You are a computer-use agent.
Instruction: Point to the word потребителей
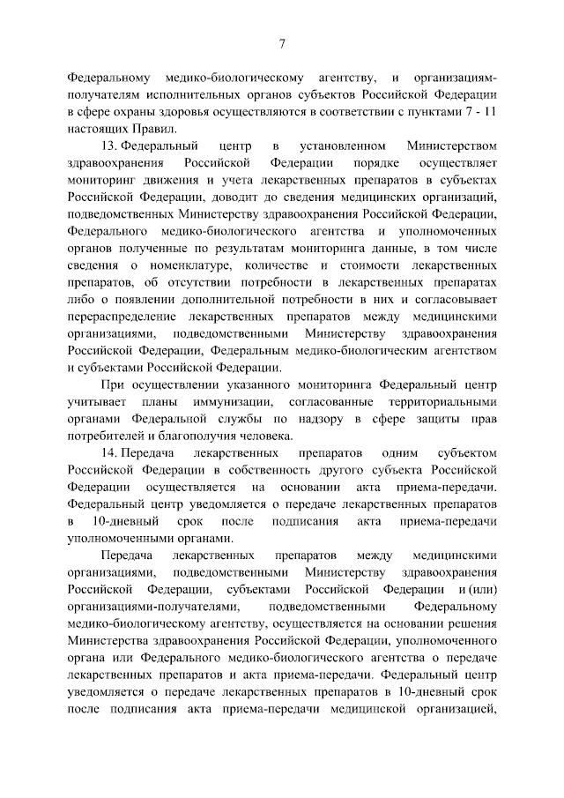(108, 435)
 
